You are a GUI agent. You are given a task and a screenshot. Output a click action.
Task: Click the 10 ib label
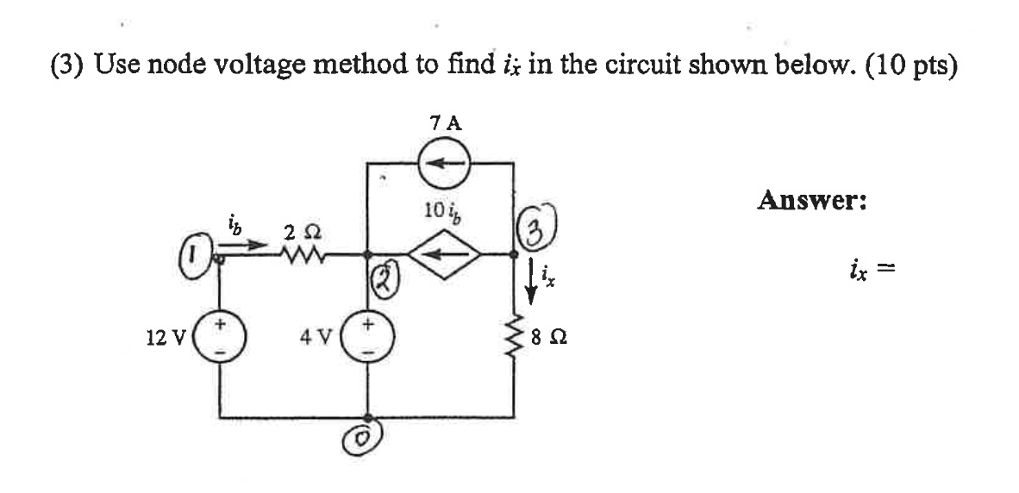442,210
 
